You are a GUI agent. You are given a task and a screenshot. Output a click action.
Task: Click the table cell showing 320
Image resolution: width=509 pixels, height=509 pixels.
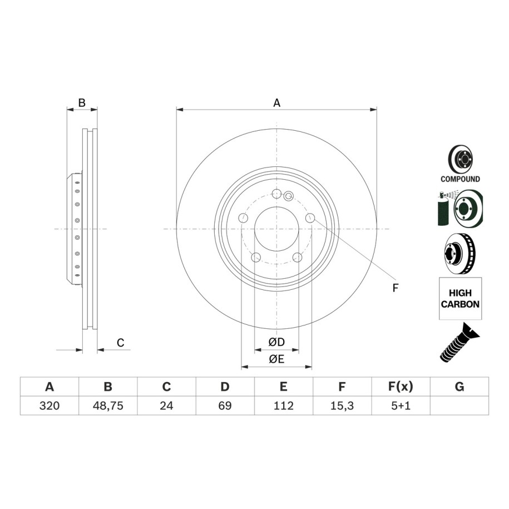50,406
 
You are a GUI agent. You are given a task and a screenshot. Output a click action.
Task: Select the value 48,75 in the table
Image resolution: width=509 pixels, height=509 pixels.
108,406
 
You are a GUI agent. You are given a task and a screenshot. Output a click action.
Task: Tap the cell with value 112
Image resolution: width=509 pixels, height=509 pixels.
283,406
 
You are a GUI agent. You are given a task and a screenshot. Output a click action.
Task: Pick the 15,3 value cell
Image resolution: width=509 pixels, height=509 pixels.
342,406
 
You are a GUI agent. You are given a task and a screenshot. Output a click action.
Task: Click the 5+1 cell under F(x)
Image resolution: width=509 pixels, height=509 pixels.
401,406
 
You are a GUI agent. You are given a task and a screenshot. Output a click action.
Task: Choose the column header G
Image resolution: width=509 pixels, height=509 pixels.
459,387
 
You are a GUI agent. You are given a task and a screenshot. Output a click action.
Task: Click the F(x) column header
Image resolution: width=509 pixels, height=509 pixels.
401,387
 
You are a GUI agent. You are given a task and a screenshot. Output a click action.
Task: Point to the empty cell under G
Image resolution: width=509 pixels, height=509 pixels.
459,406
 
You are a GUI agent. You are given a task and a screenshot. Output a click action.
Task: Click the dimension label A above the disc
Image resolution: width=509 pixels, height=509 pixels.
276,103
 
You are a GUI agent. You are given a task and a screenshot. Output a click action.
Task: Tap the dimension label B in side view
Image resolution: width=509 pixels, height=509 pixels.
82,102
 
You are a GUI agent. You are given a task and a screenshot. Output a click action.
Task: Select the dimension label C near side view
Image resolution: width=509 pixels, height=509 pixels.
120,343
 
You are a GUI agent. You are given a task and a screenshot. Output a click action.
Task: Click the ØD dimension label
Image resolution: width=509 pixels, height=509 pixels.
276,342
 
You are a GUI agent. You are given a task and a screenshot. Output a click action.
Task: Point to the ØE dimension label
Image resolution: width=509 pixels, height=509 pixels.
276,359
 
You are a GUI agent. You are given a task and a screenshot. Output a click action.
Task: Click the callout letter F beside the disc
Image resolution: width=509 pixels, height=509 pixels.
395,288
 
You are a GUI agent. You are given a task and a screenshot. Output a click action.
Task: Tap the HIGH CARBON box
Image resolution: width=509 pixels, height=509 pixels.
460,298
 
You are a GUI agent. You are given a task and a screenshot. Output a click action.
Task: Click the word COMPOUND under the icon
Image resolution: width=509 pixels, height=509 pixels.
460,179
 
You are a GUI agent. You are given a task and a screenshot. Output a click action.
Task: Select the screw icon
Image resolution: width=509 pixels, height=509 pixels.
459,343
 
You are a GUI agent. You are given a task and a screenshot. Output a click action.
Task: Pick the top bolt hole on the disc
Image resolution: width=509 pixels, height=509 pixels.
276,194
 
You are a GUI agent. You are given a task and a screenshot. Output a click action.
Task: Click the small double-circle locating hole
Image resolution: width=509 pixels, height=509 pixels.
288,196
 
